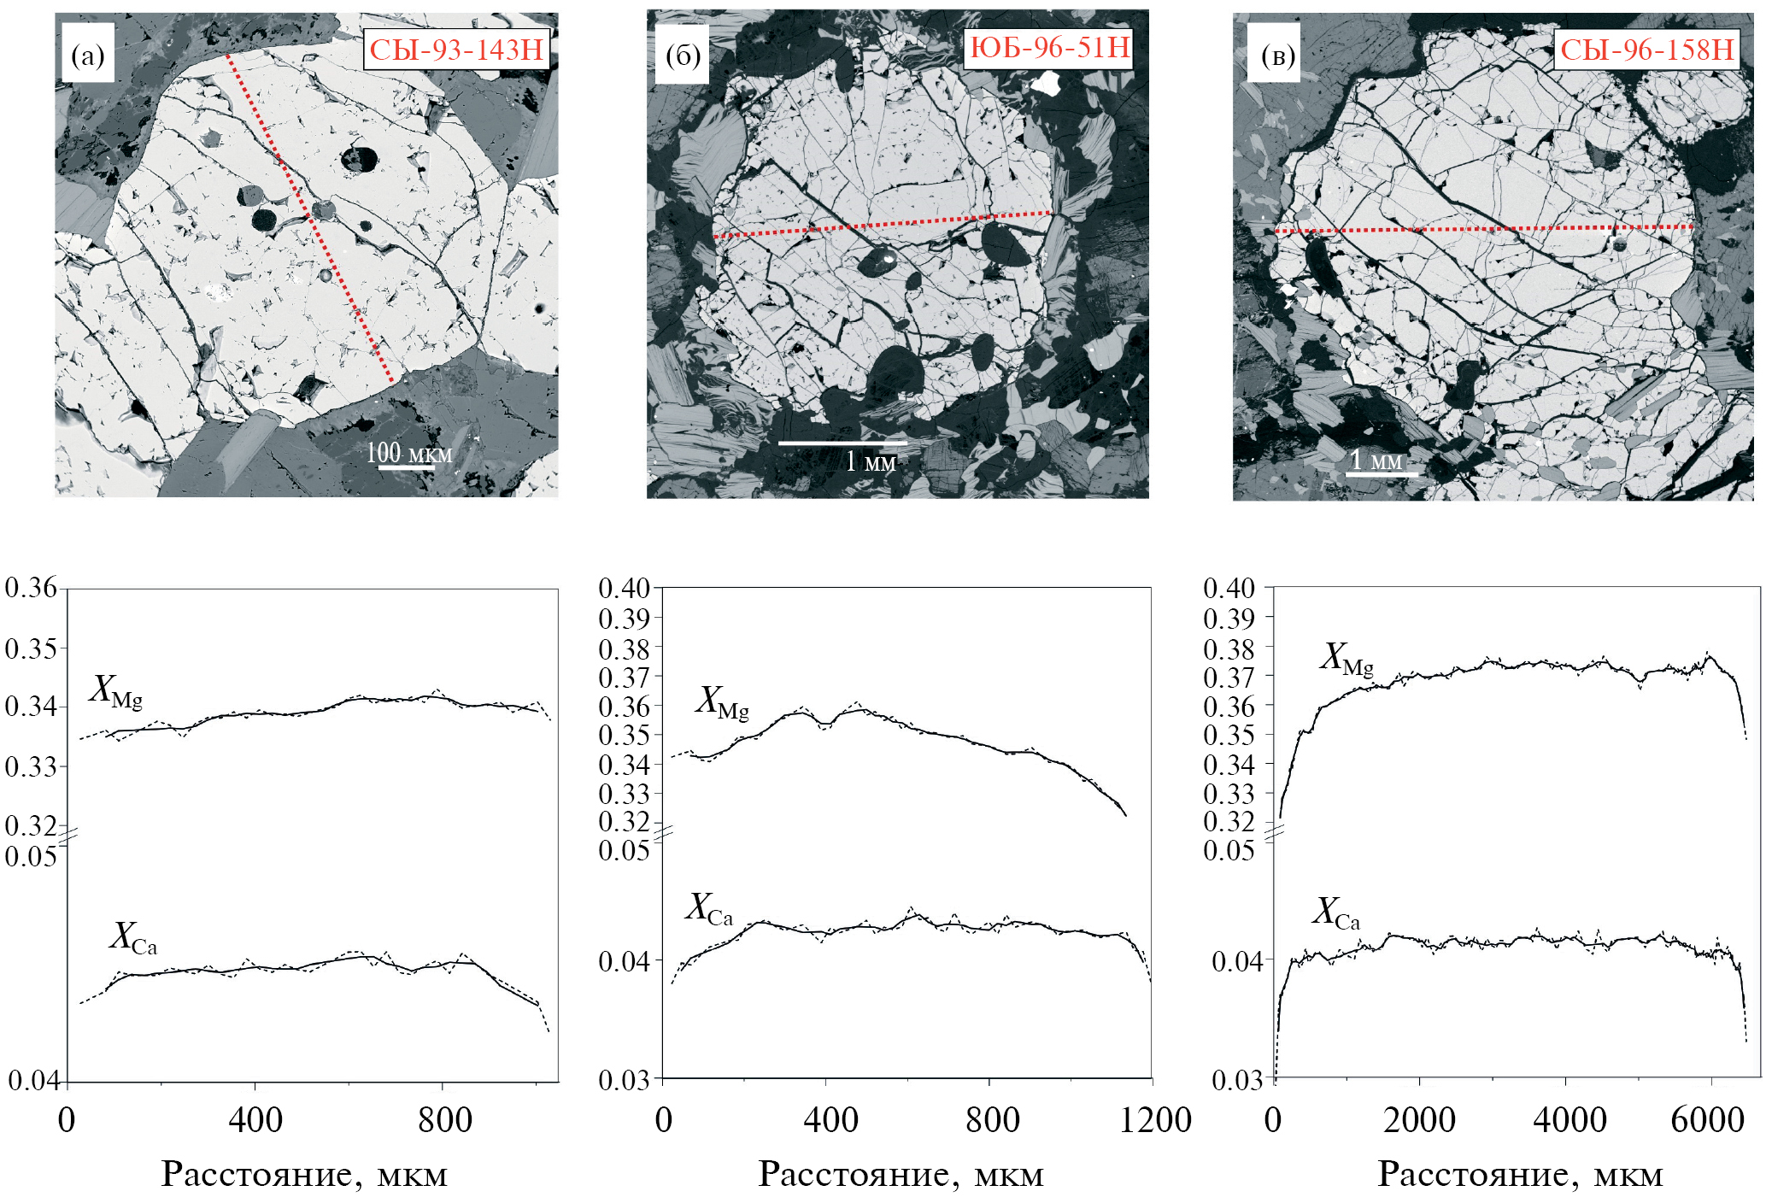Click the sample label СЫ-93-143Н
pyautogui.click(x=456, y=50)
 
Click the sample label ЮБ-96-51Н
pyautogui.click(x=1050, y=47)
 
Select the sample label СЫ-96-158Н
pyautogui.click(x=1646, y=50)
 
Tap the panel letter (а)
pyautogui.click(x=87, y=56)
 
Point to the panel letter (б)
pyautogui.click(x=683, y=56)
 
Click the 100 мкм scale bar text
pyautogui.click(x=408, y=453)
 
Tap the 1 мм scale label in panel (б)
pyautogui.click(x=871, y=461)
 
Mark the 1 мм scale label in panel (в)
pyautogui.click(x=1376, y=461)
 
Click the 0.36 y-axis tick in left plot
pyautogui.click(x=31, y=588)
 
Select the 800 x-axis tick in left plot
pyautogui.click(x=444, y=1120)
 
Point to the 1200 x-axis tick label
pyautogui.click(x=1155, y=1120)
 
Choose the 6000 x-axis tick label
pyautogui.click(x=1707, y=1120)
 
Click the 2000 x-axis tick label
pyautogui.click(x=1419, y=1120)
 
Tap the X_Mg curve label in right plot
pyautogui.click(x=1347, y=659)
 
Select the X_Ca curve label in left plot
pyautogui.click(x=133, y=937)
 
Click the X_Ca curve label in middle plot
pyautogui.click(x=709, y=909)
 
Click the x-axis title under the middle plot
pyautogui.click(x=901, y=1175)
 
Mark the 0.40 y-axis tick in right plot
pyautogui.click(x=1229, y=588)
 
